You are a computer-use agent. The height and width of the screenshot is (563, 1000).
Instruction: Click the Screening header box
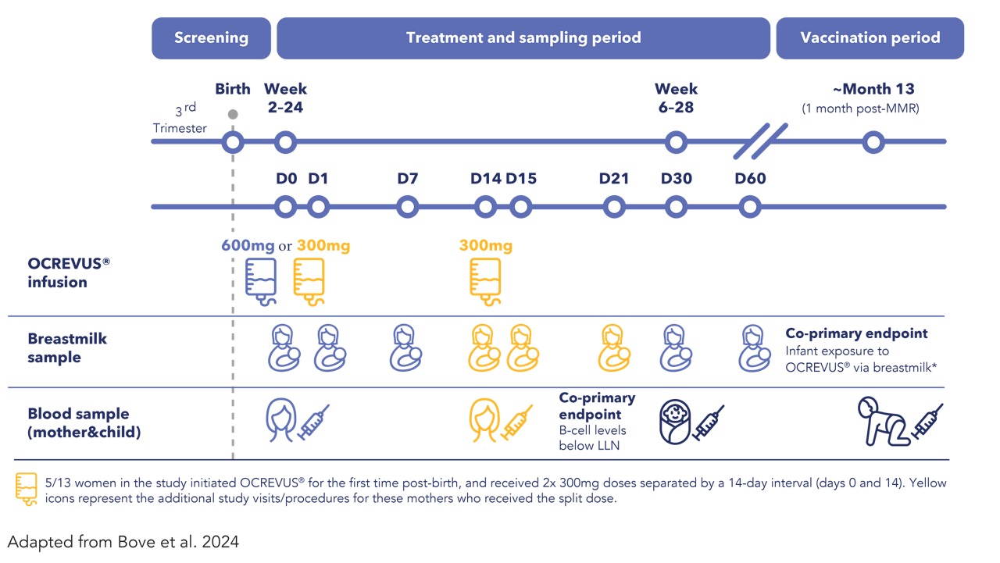click(x=211, y=37)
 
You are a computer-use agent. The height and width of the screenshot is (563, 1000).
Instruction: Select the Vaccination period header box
click(x=870, y=37)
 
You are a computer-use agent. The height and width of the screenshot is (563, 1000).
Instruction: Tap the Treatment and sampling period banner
click(x=523, y=37)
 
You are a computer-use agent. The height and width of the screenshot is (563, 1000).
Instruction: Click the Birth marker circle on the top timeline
click(x=233, y=143)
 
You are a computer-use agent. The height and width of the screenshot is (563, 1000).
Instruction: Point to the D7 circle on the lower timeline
click(x=407, y=207)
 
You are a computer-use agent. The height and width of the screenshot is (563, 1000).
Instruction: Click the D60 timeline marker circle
click(x=750, y=207)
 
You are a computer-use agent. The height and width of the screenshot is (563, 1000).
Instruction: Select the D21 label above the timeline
click(x=614, y=179)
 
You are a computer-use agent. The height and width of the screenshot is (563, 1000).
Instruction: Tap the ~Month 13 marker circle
click(x=873, y=143)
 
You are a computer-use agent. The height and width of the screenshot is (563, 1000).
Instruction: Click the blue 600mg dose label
click(x=248, y=246)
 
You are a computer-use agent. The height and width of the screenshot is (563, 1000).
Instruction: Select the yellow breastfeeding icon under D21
click(x=615, y=347)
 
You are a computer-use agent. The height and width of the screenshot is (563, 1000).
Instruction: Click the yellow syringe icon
click(x=517, y=422)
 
